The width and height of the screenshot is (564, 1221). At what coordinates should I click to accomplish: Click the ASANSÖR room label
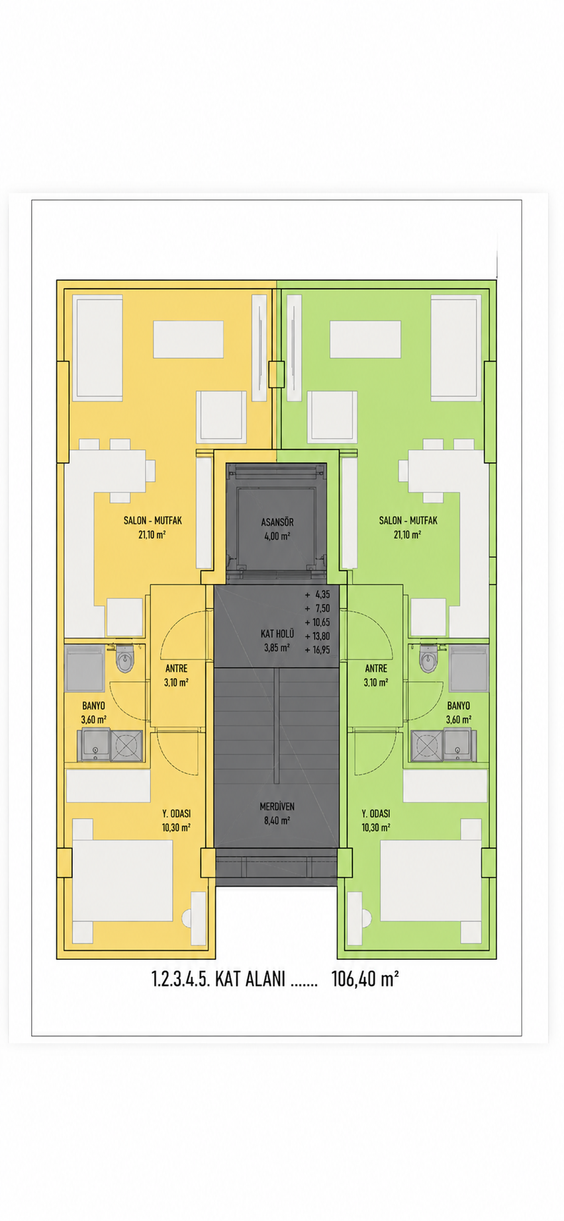(277, 523)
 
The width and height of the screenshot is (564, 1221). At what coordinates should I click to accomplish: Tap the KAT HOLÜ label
(277, 634)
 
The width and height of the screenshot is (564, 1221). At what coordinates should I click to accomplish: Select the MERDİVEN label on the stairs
(277, 807)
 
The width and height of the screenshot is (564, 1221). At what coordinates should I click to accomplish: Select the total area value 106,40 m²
(365, 979)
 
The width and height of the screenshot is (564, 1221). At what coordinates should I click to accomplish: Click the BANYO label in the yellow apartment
(93, 706)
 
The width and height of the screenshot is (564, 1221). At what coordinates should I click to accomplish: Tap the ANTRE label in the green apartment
(376, 669)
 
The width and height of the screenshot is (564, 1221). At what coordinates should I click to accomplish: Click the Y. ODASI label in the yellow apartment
(176, 814)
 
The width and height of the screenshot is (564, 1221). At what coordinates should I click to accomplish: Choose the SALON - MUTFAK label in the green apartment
(408, 521)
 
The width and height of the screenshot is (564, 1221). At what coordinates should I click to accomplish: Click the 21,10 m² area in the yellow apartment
(152, 534)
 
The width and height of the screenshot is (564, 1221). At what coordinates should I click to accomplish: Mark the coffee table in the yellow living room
(188, 339)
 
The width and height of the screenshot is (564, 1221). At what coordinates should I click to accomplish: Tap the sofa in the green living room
(455, 348)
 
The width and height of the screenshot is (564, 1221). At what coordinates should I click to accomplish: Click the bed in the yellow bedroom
(122, 881)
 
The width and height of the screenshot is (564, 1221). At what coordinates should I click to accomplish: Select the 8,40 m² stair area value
(277, 821)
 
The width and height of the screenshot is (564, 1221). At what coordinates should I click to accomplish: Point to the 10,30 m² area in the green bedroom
(375, 827)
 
